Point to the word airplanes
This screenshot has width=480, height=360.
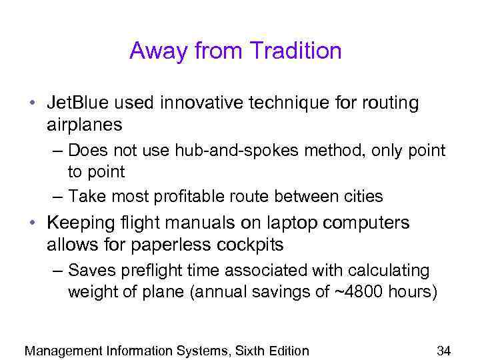[x=85, y=125]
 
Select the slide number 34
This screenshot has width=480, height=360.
[x=444, y=351]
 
